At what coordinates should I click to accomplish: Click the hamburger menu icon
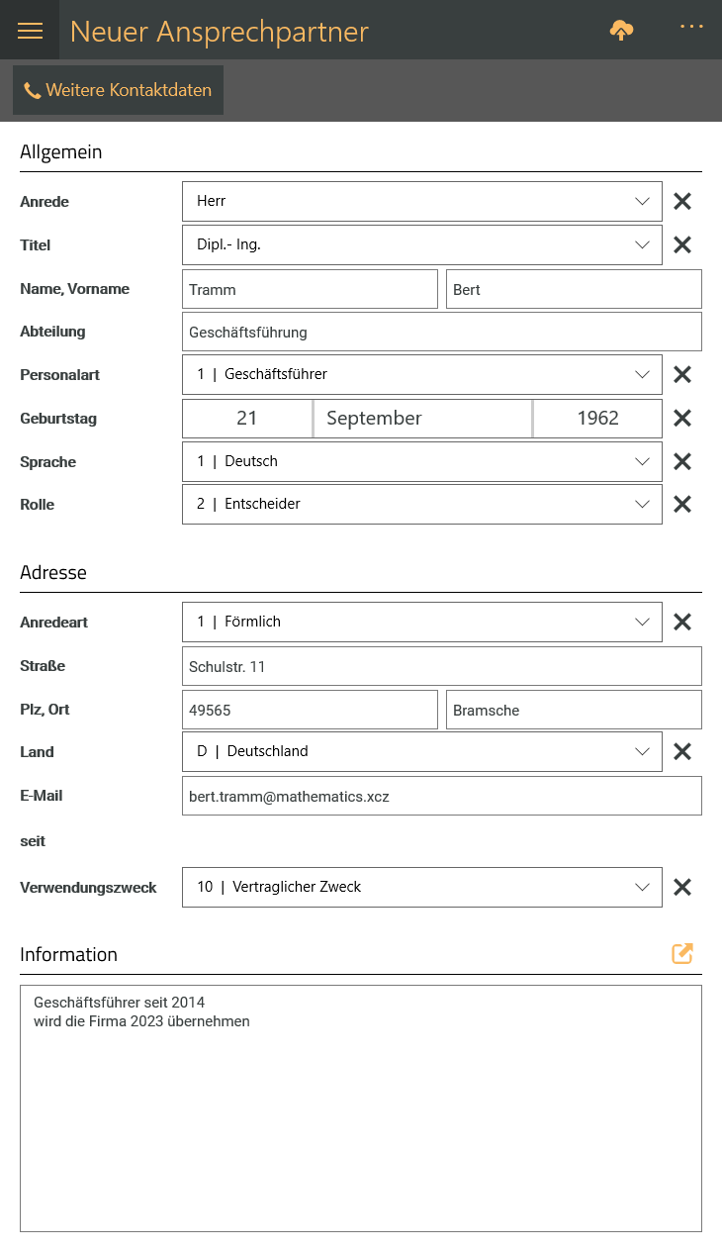tap(31, 31)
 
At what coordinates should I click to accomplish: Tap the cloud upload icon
tap(621, 31)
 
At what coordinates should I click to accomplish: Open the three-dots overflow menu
tap(691, 27)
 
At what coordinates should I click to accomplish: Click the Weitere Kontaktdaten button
tap(118, 90)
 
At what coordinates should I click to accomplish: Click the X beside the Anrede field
tap(682, 202)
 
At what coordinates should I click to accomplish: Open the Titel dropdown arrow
tap(641, 244)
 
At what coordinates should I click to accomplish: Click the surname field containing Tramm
tap(310, 289)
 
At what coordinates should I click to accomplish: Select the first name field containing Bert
tap(574, 289)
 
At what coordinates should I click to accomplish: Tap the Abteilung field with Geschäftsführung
tap(441, 333)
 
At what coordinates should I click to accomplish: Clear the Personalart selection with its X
tap(682, 375)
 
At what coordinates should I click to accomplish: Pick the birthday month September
tap(422, 419)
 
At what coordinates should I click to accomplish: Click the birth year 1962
tap(597, 419)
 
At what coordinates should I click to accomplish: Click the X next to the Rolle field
tap(682, 505)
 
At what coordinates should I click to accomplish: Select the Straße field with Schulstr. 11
tap(441, 666)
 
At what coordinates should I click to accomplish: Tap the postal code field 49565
tap(310, 710)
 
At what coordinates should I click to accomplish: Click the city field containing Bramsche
tap(574, 710)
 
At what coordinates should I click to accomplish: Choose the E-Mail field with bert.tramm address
tap(441, 796)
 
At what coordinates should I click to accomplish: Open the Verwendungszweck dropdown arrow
tap(641, 887)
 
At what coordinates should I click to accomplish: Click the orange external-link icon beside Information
tap(682, 954)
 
